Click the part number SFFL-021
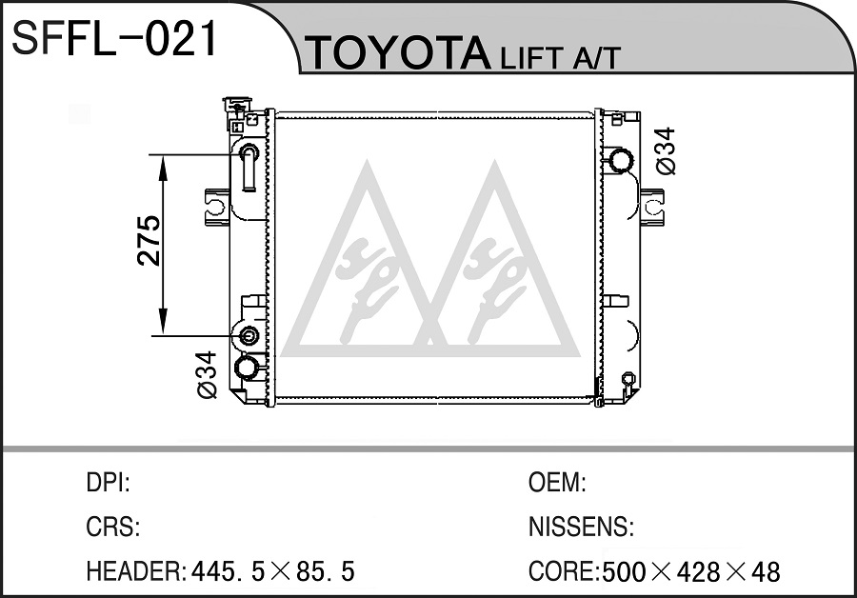(x=115, y=38)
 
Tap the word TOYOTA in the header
(x=400, y=53)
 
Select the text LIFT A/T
(x=560, y=57)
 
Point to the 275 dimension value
(x=149, y=241)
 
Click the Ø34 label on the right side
(x=666, y=151)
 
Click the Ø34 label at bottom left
(x=208, y=374)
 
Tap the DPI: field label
(x=109, y=483)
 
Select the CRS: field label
(x=113, y=527)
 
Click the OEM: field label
(x=557, y=483)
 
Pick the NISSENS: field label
(x=581, y=527)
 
